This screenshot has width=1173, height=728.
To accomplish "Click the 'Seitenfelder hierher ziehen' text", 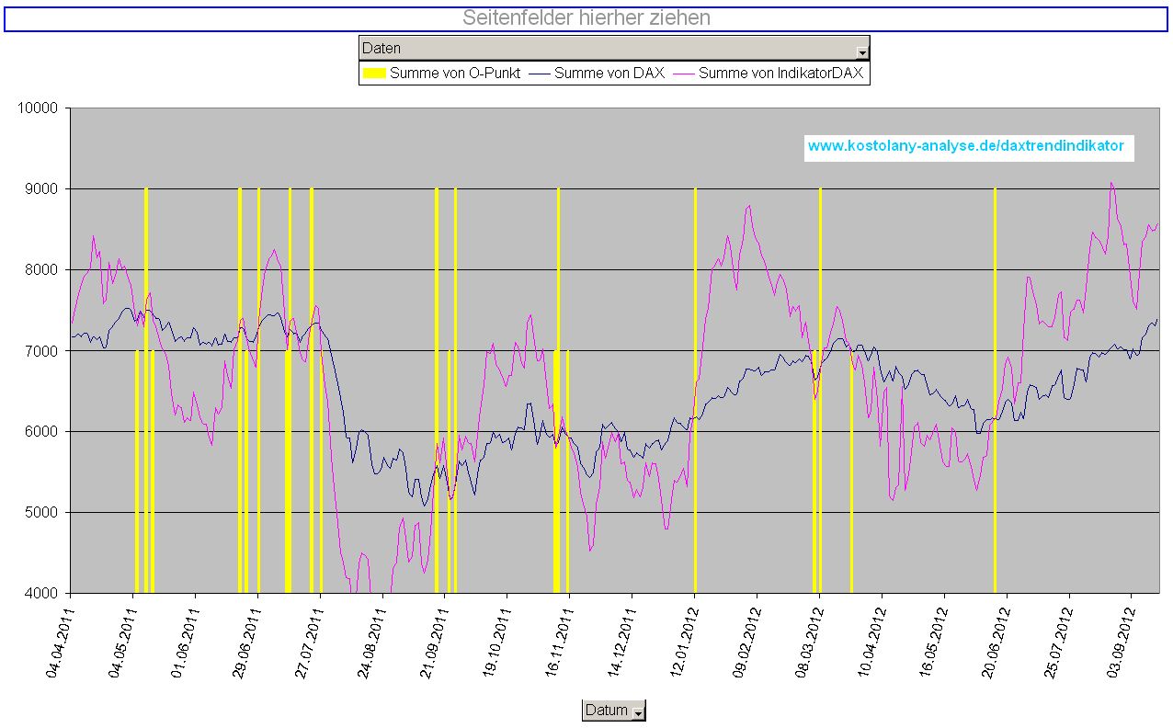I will point(586,18).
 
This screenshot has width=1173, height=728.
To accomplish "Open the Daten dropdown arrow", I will point(862,51).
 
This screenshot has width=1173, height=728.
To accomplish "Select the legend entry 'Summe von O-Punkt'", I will point(442,74).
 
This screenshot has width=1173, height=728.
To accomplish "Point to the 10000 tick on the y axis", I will point(38,108).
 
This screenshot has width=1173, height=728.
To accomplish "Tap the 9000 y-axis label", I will point(41,189).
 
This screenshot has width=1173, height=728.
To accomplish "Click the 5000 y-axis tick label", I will point(41,513).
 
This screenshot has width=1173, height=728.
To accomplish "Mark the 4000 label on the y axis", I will point(41,594).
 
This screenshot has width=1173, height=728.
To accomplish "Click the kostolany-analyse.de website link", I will point(965,146).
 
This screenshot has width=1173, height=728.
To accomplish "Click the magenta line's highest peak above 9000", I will point(1111,183).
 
